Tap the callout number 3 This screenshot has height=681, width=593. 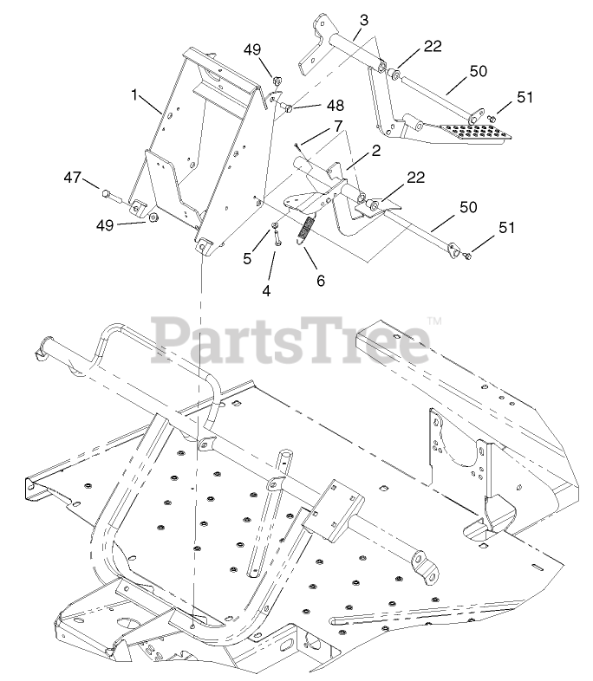pos(363,19)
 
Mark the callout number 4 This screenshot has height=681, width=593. pos(266,290)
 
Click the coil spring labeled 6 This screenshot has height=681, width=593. pos(304,231)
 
